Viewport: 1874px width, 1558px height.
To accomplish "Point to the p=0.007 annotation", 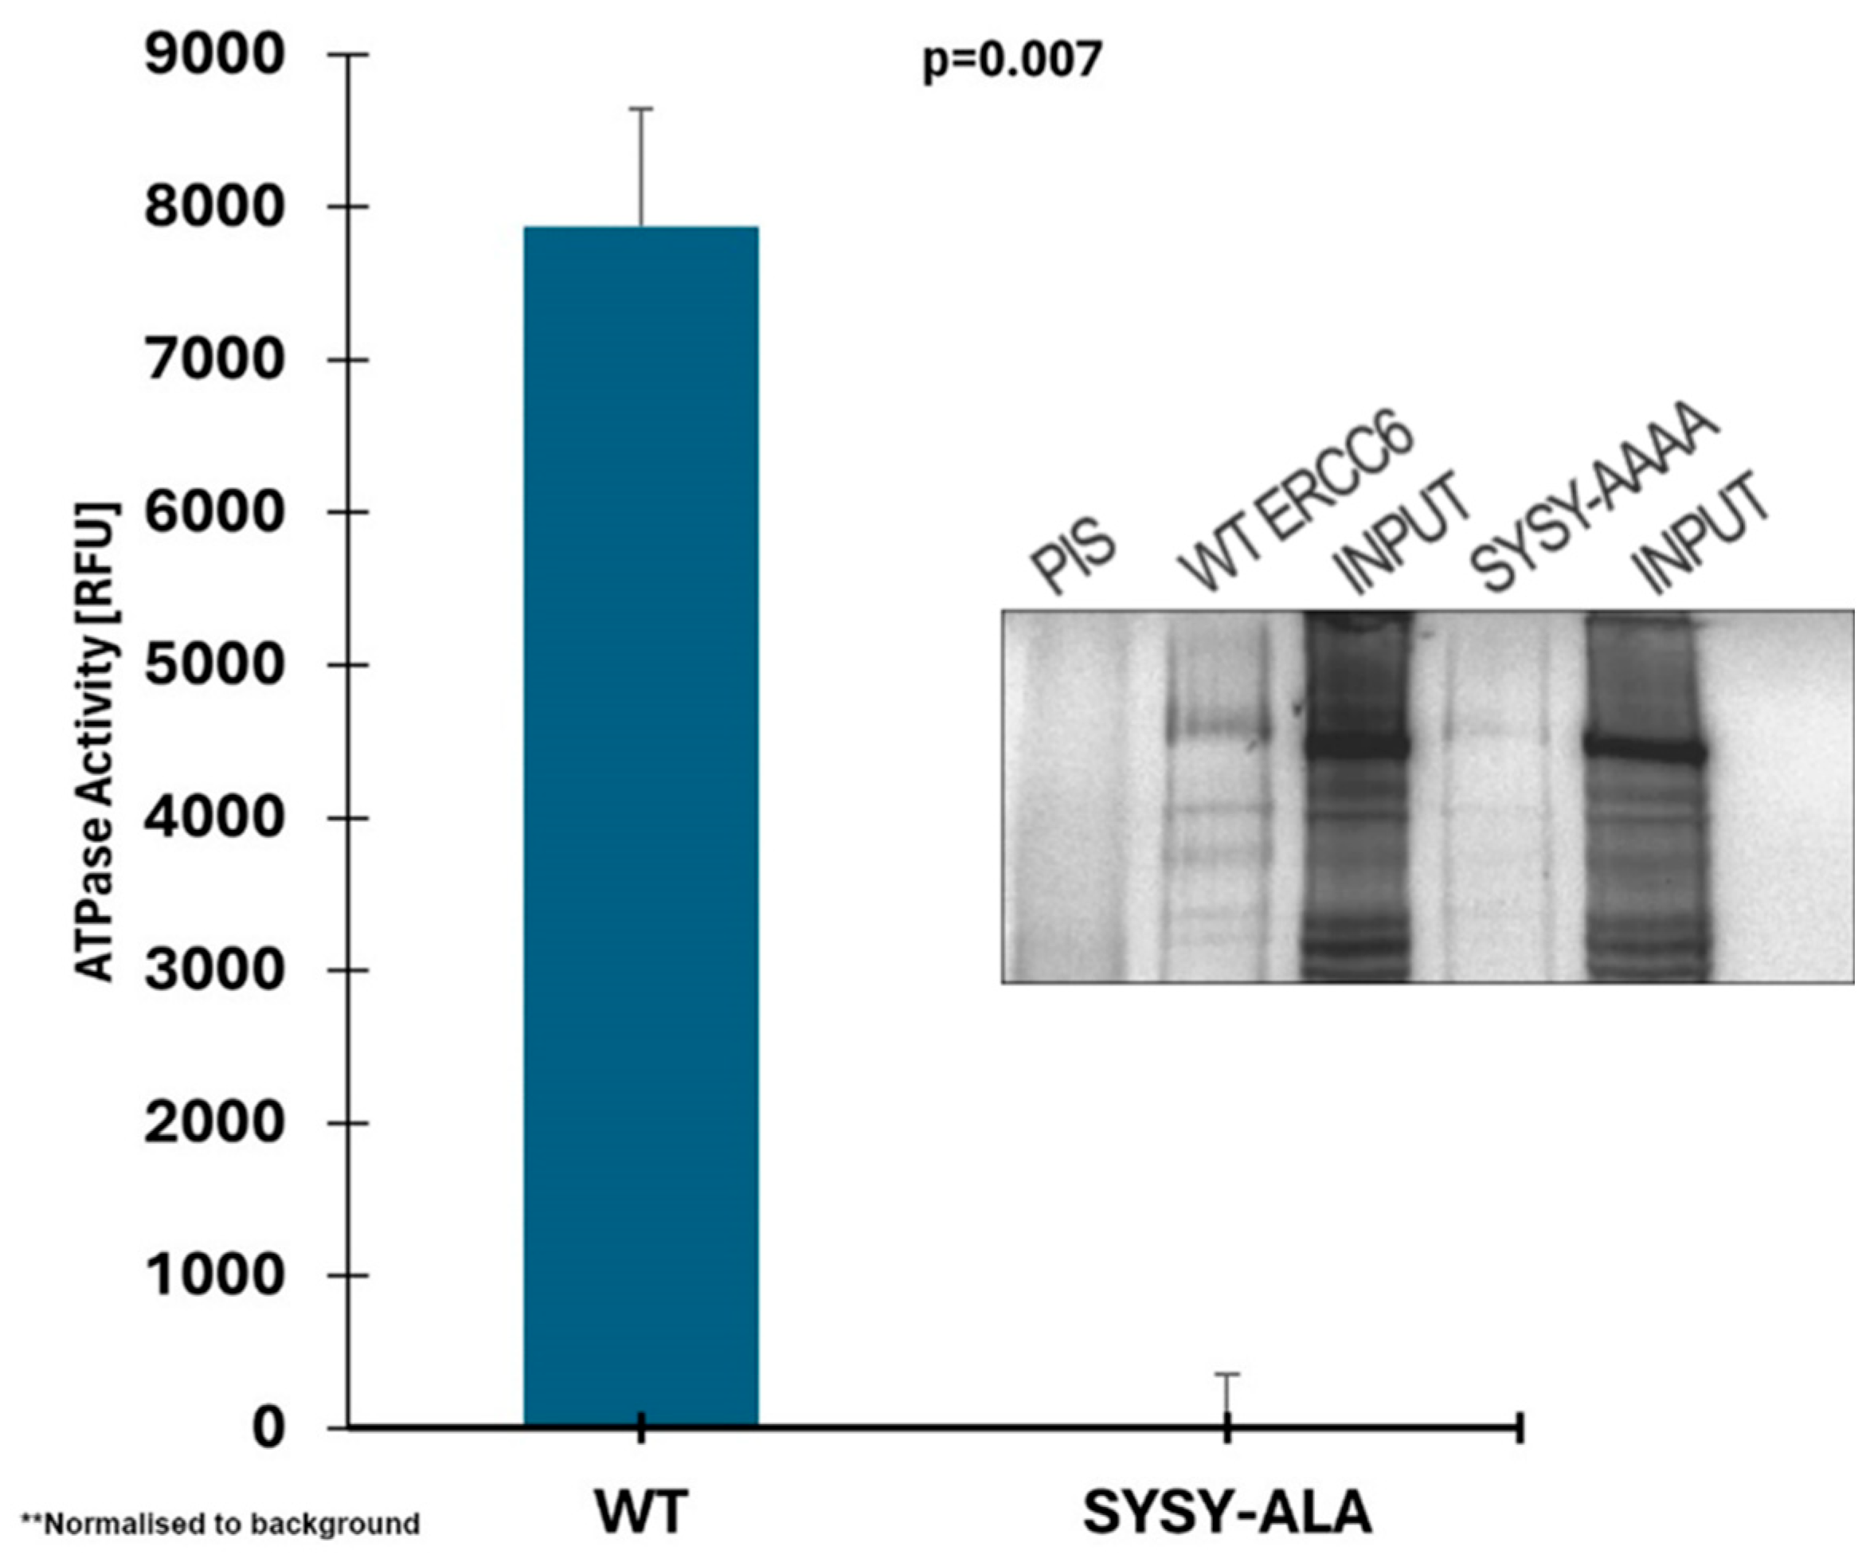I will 1012,61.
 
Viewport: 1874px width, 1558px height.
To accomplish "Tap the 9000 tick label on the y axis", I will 214,55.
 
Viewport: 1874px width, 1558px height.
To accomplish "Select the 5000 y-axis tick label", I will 214,665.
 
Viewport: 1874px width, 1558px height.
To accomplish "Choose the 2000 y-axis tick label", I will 214,1122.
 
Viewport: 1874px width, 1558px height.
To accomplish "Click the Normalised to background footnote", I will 221,1523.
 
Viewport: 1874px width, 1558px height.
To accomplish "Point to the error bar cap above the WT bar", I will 641,109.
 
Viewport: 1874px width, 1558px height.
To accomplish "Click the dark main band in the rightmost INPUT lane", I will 1645,750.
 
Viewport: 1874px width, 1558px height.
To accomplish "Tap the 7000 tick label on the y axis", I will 214,361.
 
